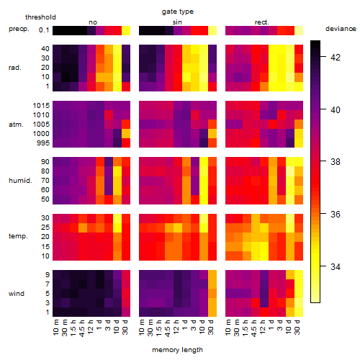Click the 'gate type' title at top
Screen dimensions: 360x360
pyautogui.click(x=178, y=12)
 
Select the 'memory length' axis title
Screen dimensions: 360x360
pyautogui.click(x=177, y=350)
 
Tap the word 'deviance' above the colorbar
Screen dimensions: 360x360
pyautogui.click(x=341, y=29)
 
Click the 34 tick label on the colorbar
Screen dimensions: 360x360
pyautogui.click(x=335, y=266)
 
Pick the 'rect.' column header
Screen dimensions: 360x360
pyautogui.click(x=261, y=22)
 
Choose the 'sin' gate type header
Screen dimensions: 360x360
pyautogui.click(x=177, y=22)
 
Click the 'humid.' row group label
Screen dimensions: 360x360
pyautogui.click(x=20, y=181)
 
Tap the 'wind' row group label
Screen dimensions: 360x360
pyautogui.click(x=17, y=294)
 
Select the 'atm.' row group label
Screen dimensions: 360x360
pyautogui.click(x=16, y=125)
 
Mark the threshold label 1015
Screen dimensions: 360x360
pyautogui.click(x=41, y=106)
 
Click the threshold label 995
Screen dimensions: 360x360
pyautogui.click(x=43, y=143)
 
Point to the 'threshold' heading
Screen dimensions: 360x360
pyautogui.click(x=40, y=17)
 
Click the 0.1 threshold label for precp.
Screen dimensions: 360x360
pyautogui.click(x=44, y=30)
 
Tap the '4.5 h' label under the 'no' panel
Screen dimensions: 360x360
pyautogui.click(x=82, y=328)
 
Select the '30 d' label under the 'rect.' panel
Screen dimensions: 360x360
pyautogui.click(x=297, y=328)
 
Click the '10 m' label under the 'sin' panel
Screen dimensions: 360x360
pyautogui.click(x=142, y=328)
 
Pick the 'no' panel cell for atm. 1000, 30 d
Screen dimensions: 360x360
pyautogui.click(x=126, y=134)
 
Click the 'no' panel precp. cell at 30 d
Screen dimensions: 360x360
pyautogui.click(x=126, y=31)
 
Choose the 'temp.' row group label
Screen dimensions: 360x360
pyautogui.click(x=18, y=236)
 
